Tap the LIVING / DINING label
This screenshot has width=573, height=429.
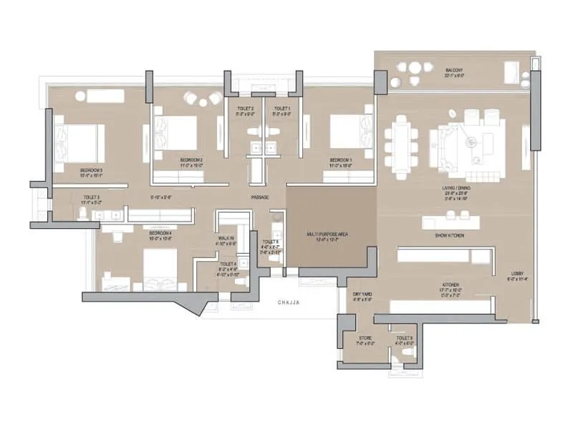[456, 188]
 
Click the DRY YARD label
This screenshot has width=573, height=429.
[361, 294]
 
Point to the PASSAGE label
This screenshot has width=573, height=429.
[259, 197]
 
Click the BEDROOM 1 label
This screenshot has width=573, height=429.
[340, 159]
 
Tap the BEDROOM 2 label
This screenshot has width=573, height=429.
[191, 159]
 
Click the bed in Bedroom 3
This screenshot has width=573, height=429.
[80, 140]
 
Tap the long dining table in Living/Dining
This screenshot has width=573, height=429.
[401, 146]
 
